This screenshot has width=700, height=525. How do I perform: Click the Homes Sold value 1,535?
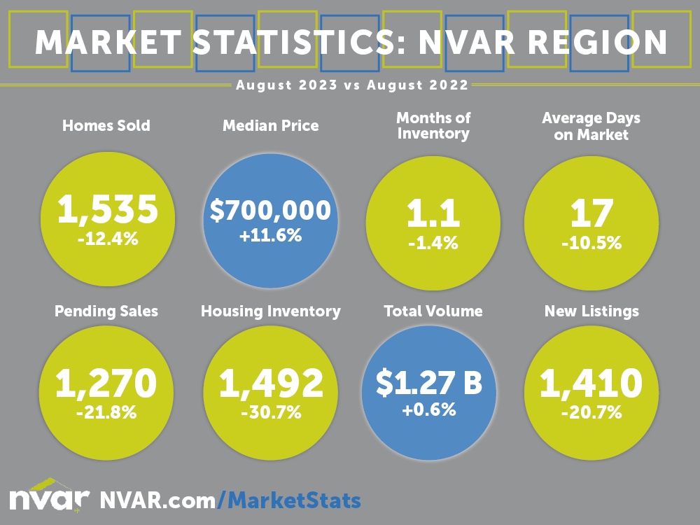tap(107, 208)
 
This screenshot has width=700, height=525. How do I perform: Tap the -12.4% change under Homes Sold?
tap(107, 239)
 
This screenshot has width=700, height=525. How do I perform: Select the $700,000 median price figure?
tap(270, 210)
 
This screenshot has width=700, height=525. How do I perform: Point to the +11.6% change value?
tap(270, 236)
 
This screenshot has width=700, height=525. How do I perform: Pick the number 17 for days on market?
tap(591, 213)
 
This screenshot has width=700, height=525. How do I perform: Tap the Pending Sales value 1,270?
tap(106, 382)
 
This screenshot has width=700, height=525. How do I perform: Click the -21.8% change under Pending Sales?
tap(106, 412)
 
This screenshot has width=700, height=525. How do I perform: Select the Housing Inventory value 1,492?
tap(271, 382)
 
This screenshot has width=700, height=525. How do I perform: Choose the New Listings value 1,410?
tap(591, 382)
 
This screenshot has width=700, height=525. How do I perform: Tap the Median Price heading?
tap(270, 126)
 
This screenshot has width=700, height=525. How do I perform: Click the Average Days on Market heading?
tap(591, 126)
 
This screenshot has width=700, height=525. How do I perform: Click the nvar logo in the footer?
tap(49, 498)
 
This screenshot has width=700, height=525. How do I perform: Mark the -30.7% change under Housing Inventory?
tap(271, 413)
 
